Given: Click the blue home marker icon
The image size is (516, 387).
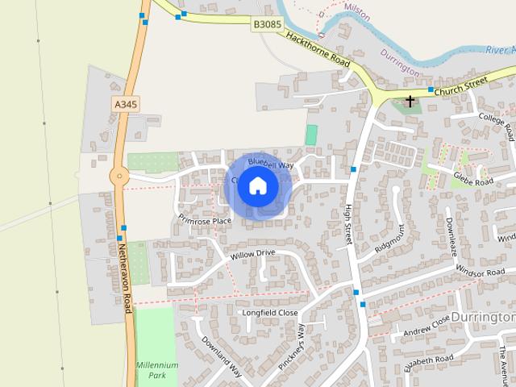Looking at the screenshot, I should (256, 186).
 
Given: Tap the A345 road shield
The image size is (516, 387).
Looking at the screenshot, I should (125, 104).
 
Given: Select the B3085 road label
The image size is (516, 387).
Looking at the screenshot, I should (267, 25).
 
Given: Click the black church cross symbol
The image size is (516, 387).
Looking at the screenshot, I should (410, 102).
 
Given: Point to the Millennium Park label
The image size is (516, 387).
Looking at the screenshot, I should (157, 371).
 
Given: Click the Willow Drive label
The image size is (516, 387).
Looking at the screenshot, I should (252, 254).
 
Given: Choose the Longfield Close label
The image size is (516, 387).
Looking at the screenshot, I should (271, 312).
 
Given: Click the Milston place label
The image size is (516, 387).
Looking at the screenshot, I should (356, 6).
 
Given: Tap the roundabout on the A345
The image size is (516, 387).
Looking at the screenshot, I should (119, 175).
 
